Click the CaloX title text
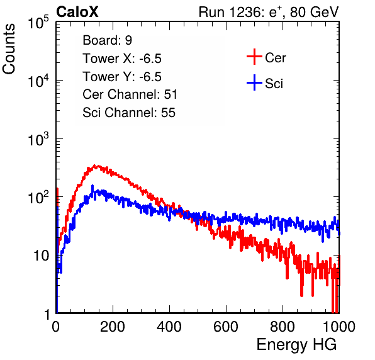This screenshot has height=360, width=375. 77,12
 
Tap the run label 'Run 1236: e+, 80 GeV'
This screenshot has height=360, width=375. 269,12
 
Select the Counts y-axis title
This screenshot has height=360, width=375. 9,49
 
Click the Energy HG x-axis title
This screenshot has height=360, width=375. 296,345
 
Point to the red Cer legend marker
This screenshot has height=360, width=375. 254,57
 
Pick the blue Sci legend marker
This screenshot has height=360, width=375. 254,82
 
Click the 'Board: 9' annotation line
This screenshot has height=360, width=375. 107,40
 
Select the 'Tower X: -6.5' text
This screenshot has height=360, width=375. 122,59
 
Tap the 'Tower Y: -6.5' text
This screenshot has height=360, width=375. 122,77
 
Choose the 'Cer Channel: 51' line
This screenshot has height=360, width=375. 130,94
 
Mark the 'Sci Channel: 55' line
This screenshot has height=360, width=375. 129,113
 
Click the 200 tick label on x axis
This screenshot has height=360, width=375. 113,327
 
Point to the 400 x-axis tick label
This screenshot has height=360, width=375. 169,327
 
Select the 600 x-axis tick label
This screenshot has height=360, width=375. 226,327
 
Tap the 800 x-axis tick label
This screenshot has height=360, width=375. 283,327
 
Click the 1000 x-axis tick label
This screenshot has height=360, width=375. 339,327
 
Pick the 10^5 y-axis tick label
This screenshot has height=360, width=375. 38,23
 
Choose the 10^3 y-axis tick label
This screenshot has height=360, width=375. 38,140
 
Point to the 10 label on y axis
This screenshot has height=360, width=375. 41,256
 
